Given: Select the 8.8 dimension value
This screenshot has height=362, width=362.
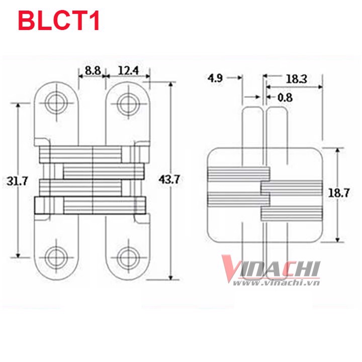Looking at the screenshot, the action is (x=93, y=71).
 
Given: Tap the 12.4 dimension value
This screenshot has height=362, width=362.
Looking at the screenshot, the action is (x=128, y=71).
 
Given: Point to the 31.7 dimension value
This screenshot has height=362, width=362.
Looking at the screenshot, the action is (x=17, y=181).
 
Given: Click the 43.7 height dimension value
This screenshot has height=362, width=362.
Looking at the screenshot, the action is (x=169, y=179).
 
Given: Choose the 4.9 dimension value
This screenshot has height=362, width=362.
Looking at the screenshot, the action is (x=215, y=78).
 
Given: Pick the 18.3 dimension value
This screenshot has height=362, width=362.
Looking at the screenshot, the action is (x=297, y=79).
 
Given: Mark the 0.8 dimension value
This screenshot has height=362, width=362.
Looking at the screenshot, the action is (x=285, y=98).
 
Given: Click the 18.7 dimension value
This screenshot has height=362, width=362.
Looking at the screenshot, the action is (x=339, y=193).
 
